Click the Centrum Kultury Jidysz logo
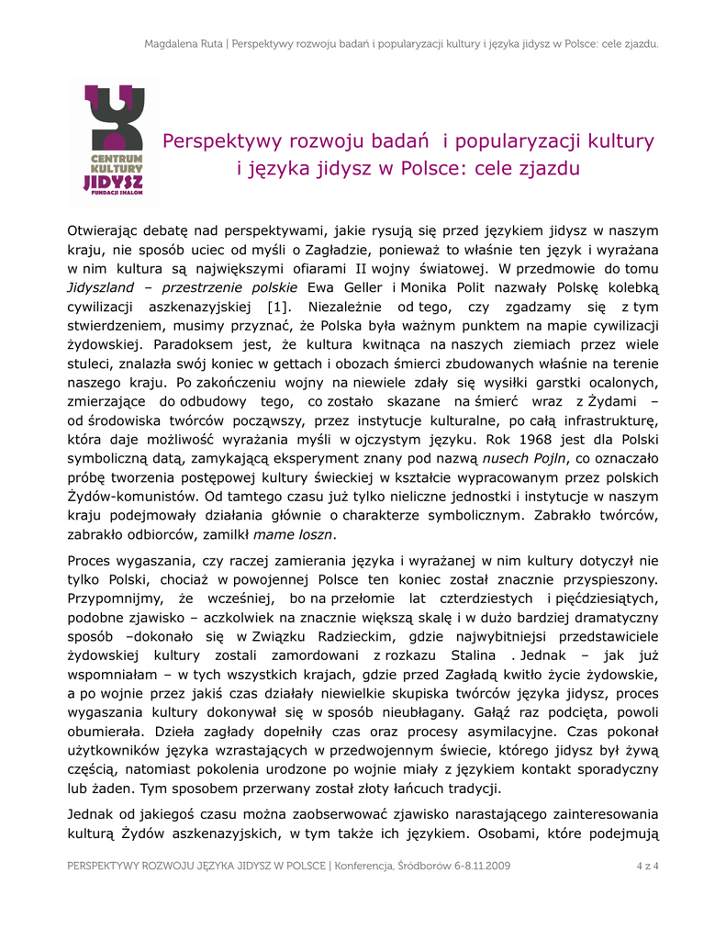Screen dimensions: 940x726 point(113,143)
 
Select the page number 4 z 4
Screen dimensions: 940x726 point(647,866)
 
